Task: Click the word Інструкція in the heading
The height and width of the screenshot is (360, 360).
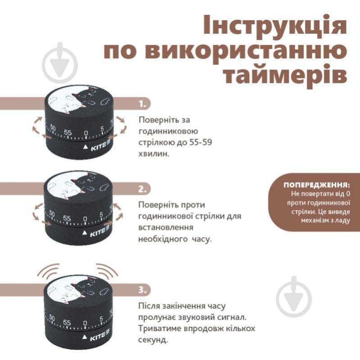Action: pyautogui.click(x=275, y=26)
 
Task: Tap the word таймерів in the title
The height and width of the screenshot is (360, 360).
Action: pyautogui.click(x=285, y=74)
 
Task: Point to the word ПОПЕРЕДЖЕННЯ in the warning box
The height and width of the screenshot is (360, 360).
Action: pyautogui.click(x=316, y=185)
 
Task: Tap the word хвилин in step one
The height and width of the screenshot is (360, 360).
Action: pyautogui.click(x=153, y=154)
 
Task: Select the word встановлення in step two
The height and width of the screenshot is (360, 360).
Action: pyautogui.click(x=166, y=227)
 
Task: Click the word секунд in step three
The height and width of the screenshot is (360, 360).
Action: pyautogui.click(x=152, y=339)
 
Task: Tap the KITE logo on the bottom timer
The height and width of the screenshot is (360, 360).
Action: pyautogui.click(x=100, y=336)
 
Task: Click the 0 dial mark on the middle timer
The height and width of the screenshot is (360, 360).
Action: pyautogui.click(x=85, y=219)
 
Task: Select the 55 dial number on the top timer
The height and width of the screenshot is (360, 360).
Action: pyautogui.click(x=68, y=132)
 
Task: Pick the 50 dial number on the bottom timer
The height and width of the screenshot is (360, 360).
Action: pyautogui.click(x=52, y=318)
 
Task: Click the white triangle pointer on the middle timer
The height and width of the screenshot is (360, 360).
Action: pyautogui.click(x=85, y=233)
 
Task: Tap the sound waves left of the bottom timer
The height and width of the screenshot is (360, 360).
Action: pyautogui.click(x=49, y=270)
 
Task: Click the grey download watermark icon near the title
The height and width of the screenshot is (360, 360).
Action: pyautogui.click(x=60, y=63)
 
